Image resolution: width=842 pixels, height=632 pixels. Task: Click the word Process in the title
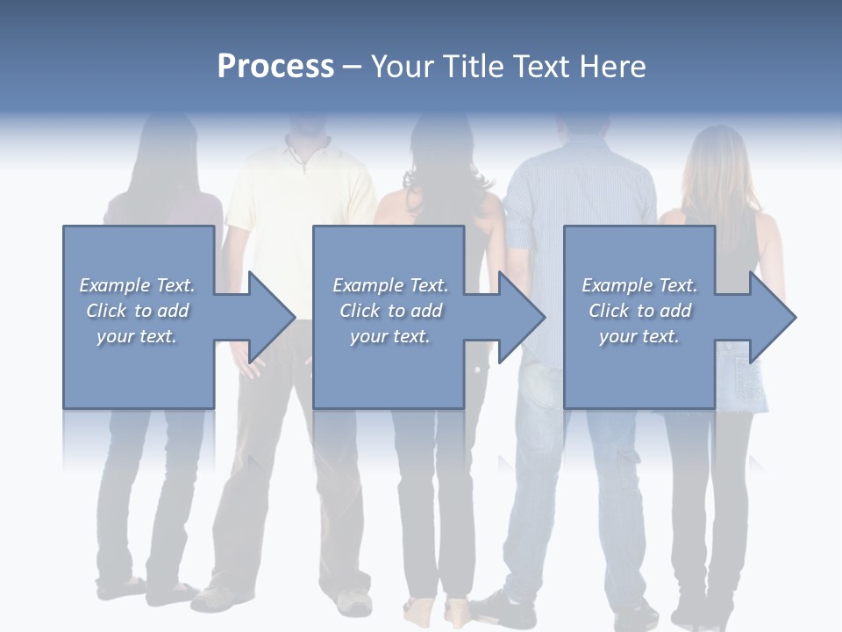275,67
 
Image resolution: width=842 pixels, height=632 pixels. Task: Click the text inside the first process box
137,311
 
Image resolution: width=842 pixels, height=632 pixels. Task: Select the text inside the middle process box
390,311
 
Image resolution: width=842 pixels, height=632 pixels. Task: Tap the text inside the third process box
639,311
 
